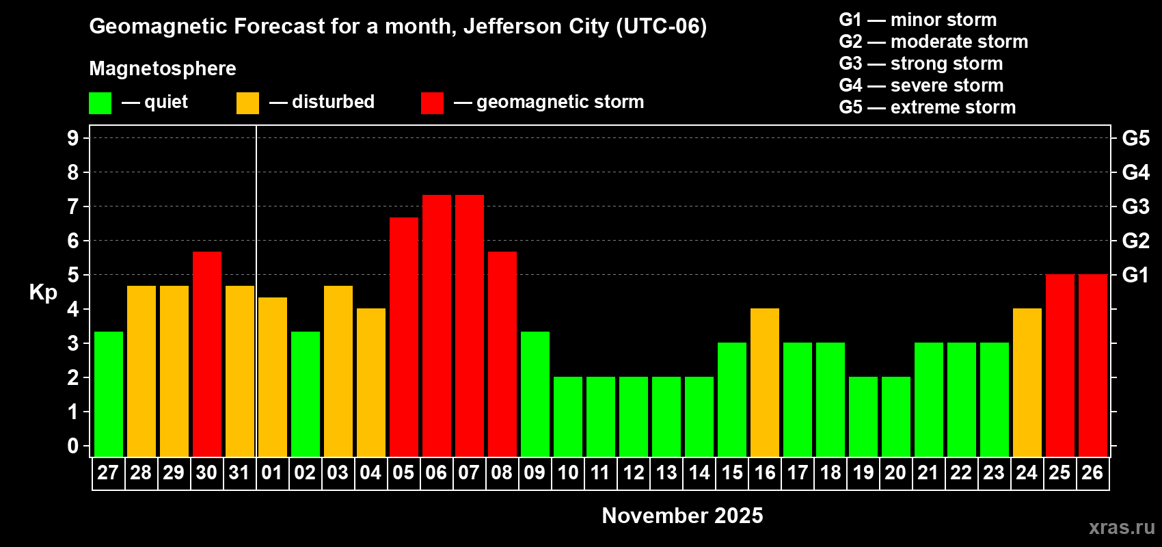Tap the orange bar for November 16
click(764, 382)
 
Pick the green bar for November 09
click(535, 394)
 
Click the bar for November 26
click(1092, 365)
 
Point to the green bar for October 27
click(108, 394)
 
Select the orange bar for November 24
click(1027, 382)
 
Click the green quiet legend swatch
click(100, 103)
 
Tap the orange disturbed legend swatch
click(247, 103)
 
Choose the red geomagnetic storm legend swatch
click(432, 103)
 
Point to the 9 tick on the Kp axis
click(73, 138)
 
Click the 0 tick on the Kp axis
click(73, 446)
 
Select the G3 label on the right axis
click(1135, 206)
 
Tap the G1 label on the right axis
click(1135, 275)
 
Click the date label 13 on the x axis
click(666, 472)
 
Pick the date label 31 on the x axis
click(239, 472)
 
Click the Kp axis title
click(43, 292)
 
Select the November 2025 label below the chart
click(682, 516)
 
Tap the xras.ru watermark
click(1121, 527)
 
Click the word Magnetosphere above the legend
click(163, 68)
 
